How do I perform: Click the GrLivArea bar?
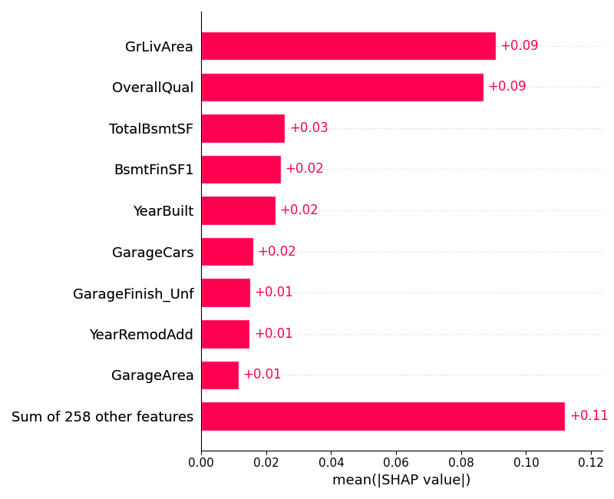pos(348,46)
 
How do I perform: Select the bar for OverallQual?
pos(342,87)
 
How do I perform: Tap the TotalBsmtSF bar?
pos(243,128)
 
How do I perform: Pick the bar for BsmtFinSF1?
pos(241,169)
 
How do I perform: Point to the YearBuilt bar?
pos(238,210)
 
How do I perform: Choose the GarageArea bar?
pos(220,375)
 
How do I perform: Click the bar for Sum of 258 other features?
pos(383,416)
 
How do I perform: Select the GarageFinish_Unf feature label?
pos(133,293)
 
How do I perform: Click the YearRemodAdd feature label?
pos(141,335)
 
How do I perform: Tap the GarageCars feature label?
pos(153,253)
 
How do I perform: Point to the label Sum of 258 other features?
pos(102,417)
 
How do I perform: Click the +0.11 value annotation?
pos(589,416)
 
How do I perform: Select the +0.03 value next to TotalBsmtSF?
pos(309,128)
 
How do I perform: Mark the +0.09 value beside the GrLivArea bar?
pos(519,46)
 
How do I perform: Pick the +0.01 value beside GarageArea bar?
pos(262,375)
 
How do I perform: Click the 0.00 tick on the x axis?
pos(201,463)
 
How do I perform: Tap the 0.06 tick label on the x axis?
pos(396,463)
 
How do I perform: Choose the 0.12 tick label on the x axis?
pos(591,463)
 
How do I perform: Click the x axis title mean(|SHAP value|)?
pos(401,481)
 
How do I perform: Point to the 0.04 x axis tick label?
pos(331,463)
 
